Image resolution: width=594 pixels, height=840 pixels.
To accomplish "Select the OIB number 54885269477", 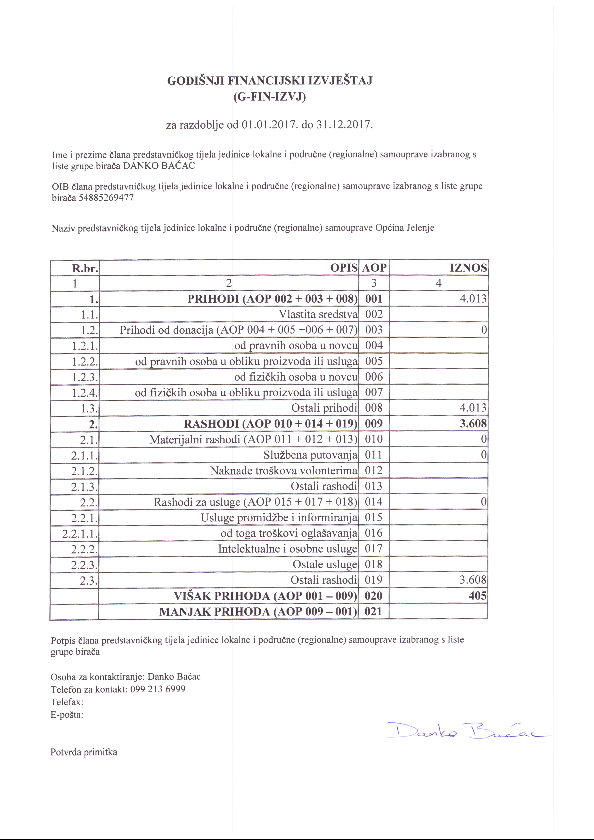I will (106, 198).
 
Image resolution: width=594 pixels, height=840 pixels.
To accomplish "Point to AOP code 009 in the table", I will (373, 424).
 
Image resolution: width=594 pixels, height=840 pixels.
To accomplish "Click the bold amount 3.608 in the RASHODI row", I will (473, 424).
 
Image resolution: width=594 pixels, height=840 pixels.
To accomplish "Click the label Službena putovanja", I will (310, 455).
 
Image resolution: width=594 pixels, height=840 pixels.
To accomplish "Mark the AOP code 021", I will (373, 611).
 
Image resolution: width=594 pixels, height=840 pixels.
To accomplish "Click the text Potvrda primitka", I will (84, 752).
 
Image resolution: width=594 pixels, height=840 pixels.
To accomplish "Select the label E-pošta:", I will (67, 714).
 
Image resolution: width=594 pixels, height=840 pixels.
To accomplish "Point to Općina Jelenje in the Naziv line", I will (405, 228).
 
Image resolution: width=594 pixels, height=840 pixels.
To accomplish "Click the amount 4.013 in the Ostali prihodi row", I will (473, 408).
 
